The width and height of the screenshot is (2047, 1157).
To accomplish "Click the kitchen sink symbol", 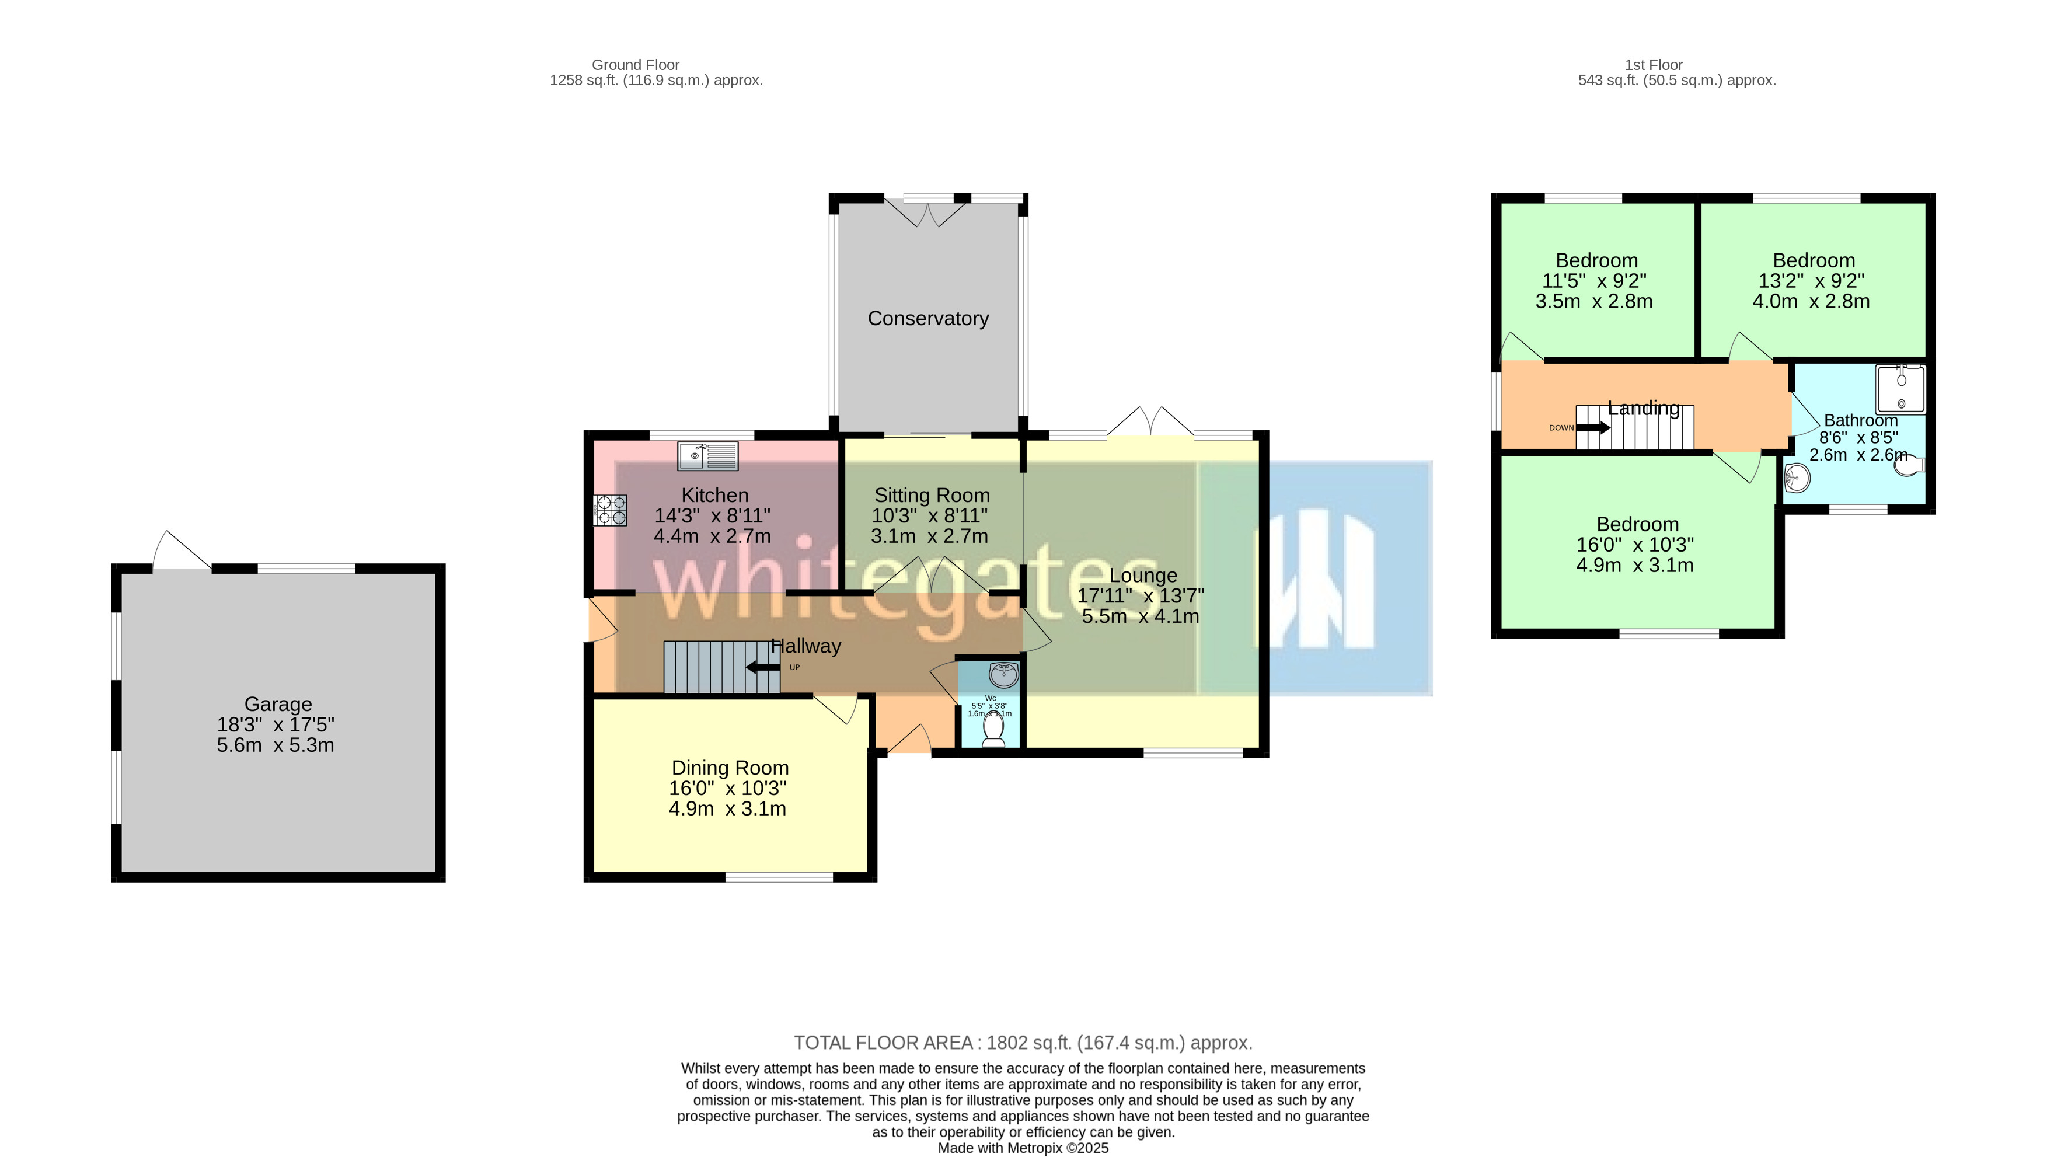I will tap(707, 456).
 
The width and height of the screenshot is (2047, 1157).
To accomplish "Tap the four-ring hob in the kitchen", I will tap(611, 510).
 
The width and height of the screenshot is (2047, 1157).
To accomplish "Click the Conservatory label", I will tap(928, 319).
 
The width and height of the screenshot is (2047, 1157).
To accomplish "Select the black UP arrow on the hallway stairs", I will tap(763, 667).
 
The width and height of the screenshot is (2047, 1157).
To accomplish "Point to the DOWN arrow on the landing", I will tap(1592, 427).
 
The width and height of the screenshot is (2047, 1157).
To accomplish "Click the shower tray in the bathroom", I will tap(1900, 389).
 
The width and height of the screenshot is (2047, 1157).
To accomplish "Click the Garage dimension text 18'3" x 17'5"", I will tap(276, 724).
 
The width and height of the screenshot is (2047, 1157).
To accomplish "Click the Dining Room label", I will tap(730, 768).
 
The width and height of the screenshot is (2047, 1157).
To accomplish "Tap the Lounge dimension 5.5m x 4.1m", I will tap(1141, 616).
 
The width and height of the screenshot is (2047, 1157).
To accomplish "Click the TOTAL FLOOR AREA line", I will tap(1023, 1043).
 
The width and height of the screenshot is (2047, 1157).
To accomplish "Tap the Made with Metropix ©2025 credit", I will tap(1023, 1148).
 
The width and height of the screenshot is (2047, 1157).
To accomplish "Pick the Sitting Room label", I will tap(932, 495).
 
